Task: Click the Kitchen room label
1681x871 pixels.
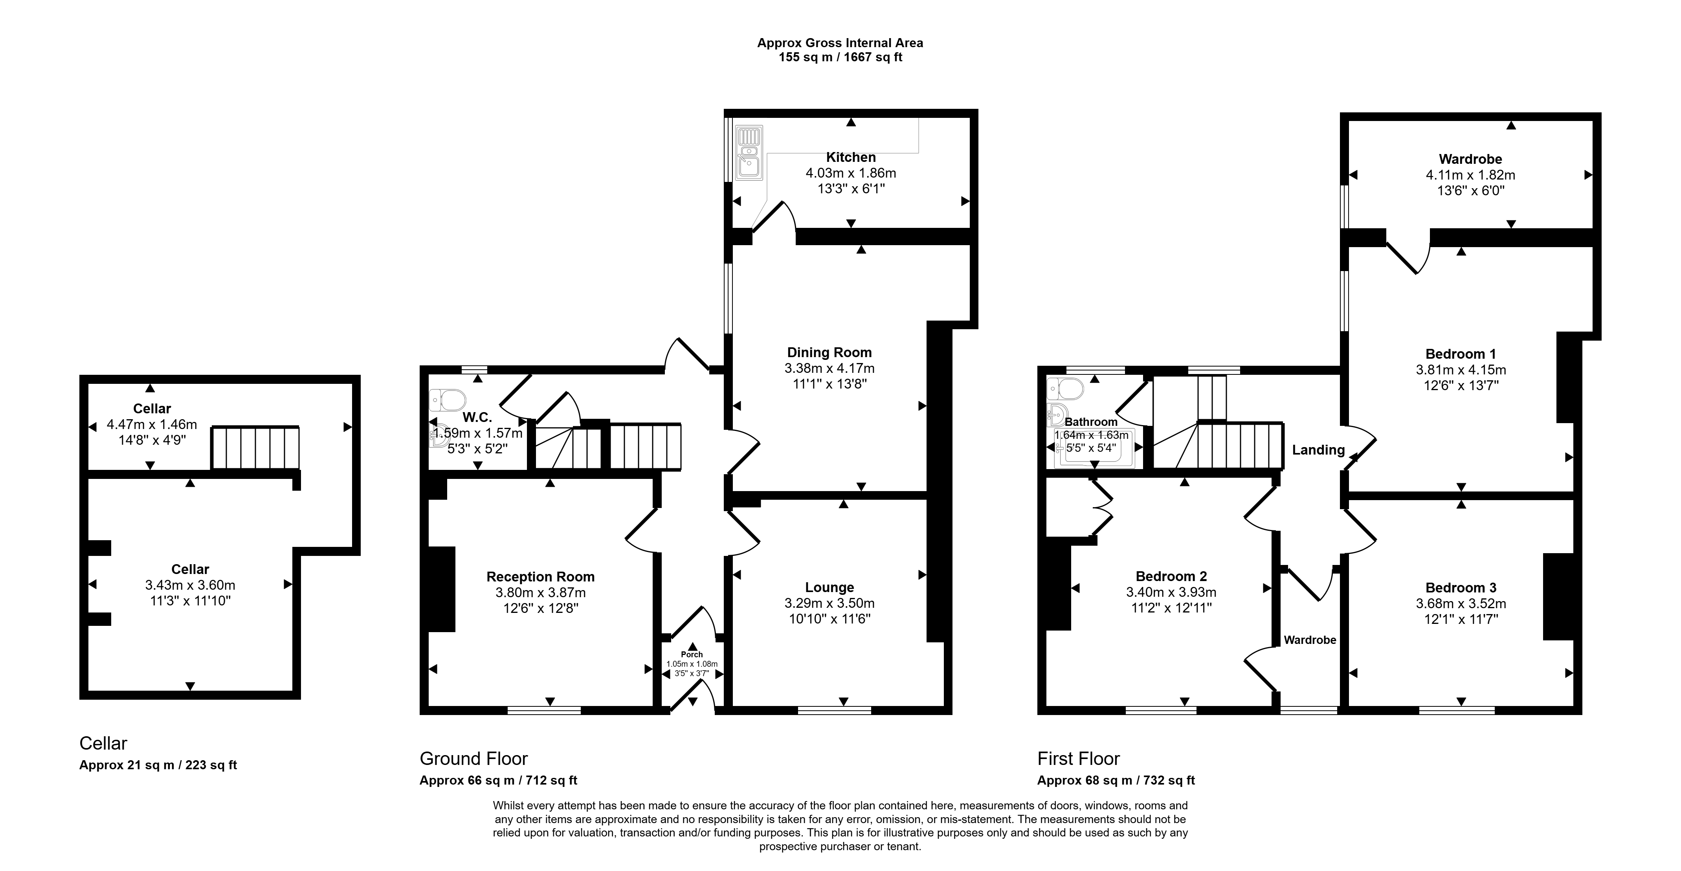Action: tap(851, 157)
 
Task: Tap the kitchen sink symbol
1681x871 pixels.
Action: tap(749, 153)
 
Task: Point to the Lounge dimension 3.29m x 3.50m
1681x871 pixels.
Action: tap(829, 603)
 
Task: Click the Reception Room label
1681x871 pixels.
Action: tap(540, 577)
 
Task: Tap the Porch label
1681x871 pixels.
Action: tap(692, 655)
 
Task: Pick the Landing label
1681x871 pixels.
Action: tap(1318, 449)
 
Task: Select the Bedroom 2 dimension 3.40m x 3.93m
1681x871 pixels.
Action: tap(1171, 592)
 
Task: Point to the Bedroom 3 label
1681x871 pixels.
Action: tap(1461, 588)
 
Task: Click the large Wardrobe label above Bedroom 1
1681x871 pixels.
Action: tap(1470, 159)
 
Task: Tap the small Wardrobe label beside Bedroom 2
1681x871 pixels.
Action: tap(1310, 640)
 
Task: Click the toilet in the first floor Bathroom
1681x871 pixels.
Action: tap(1065, 389)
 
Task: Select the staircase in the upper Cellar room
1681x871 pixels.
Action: tap(255, 447)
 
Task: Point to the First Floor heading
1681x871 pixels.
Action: tap(1079, 759)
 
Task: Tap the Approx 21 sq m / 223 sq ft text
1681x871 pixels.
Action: tap(158, 765)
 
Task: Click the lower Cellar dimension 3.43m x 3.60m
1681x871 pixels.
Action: tap(190, 585)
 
